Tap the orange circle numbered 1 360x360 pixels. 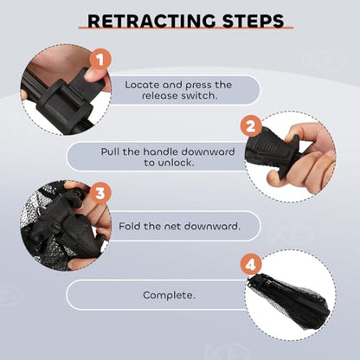tap(100, 60)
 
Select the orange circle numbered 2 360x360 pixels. tap(251, 126)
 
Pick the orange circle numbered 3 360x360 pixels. tap(100, 193)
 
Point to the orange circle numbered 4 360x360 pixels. tap(251, 265)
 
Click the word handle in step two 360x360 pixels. tap(161, 151)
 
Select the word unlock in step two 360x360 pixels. tap(176, 163)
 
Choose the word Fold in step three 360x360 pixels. tap(130, 226)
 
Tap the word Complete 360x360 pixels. tap(169, 295)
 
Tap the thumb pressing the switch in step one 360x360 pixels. tap(95, 74)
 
